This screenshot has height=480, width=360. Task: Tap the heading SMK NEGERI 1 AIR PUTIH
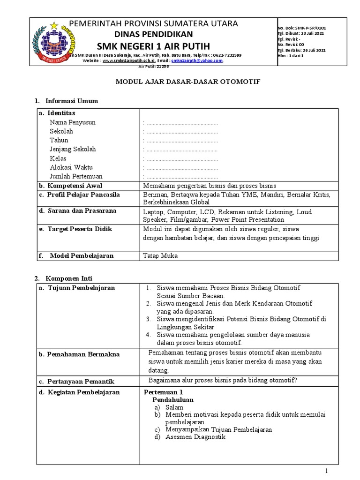coord(153,45)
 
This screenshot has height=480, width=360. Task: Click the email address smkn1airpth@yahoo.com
coord(197,61)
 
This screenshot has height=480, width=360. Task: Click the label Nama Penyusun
coord(73,122)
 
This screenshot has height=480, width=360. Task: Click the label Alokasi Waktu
coord(71,167)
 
